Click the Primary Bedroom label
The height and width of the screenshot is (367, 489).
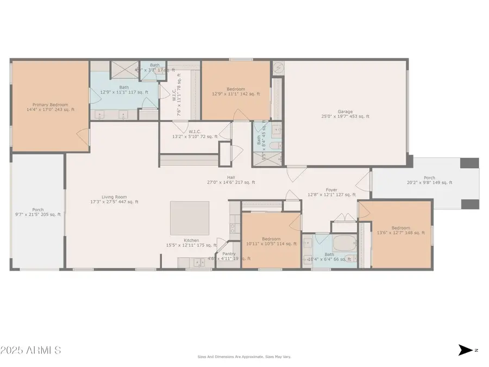click(x=51, y=107)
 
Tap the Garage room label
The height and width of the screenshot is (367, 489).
click(x=345, y=114)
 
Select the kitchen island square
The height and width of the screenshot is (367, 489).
click(x=190, y=217)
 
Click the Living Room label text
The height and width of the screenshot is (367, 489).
click(x=114, y=199)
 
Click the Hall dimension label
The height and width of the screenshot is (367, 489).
click(x=230, y=180)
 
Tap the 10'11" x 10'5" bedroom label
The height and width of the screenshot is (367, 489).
click(x=271, y=241)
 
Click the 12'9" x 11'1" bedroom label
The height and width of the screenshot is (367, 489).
click(x=236, y=91)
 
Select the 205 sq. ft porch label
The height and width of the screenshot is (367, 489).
click(x=38, y=212)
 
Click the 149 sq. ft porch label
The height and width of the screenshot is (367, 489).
click(x=429, y=180)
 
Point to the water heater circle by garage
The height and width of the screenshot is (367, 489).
click(x=278, y=67)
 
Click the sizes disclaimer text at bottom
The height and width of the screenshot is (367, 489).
click(x=244, y=357)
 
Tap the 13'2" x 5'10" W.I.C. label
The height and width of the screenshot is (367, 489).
click(x=195, y=134)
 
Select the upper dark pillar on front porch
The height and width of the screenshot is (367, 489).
click(x=469, y=163)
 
